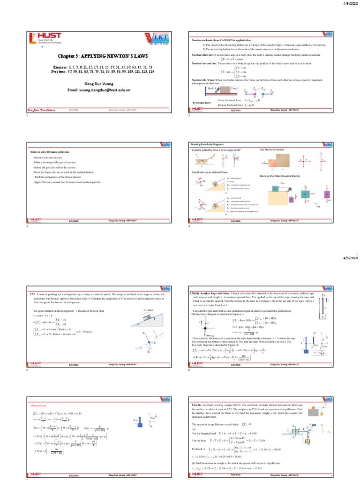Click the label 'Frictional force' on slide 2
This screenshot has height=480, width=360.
click(202, 102)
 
